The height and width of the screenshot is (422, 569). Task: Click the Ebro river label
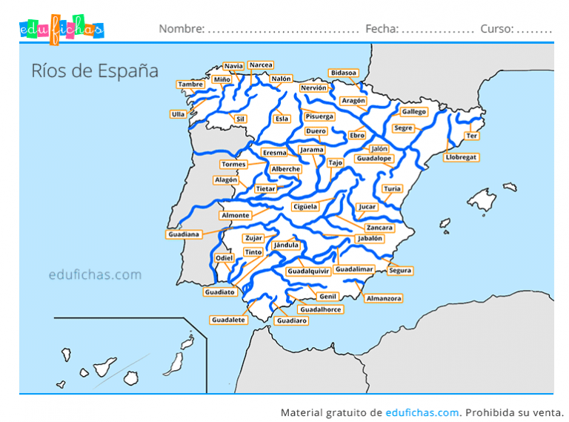pos(357,136)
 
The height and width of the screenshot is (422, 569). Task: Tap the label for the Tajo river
pos(336,162)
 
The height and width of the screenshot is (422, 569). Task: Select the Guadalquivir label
pos(308,271)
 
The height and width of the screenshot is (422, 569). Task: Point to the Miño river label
pos(222,79)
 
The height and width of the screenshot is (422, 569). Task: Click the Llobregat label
pos(462,157)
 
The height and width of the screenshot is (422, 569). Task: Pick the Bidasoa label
pos(344,73)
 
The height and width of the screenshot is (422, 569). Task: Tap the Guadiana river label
pos(184,234)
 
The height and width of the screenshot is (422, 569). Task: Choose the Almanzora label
pos(383,298)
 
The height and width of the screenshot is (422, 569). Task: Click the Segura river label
pos(400,271)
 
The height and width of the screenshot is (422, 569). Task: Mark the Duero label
pos(316,131)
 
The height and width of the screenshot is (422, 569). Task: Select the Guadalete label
pos(228,320)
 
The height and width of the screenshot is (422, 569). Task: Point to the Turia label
pos(392,189)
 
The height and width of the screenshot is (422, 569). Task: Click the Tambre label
pos(191,85)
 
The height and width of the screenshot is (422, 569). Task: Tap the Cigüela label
pos(305,206)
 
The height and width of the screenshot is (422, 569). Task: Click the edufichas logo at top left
pos(61,29)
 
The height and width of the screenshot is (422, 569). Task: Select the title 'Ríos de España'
pos(95,70)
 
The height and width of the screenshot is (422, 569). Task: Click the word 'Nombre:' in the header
pos(182,29)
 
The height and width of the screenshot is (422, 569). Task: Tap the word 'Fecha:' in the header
pos(382,29)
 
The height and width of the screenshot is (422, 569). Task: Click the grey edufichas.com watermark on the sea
pos(95,274)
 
